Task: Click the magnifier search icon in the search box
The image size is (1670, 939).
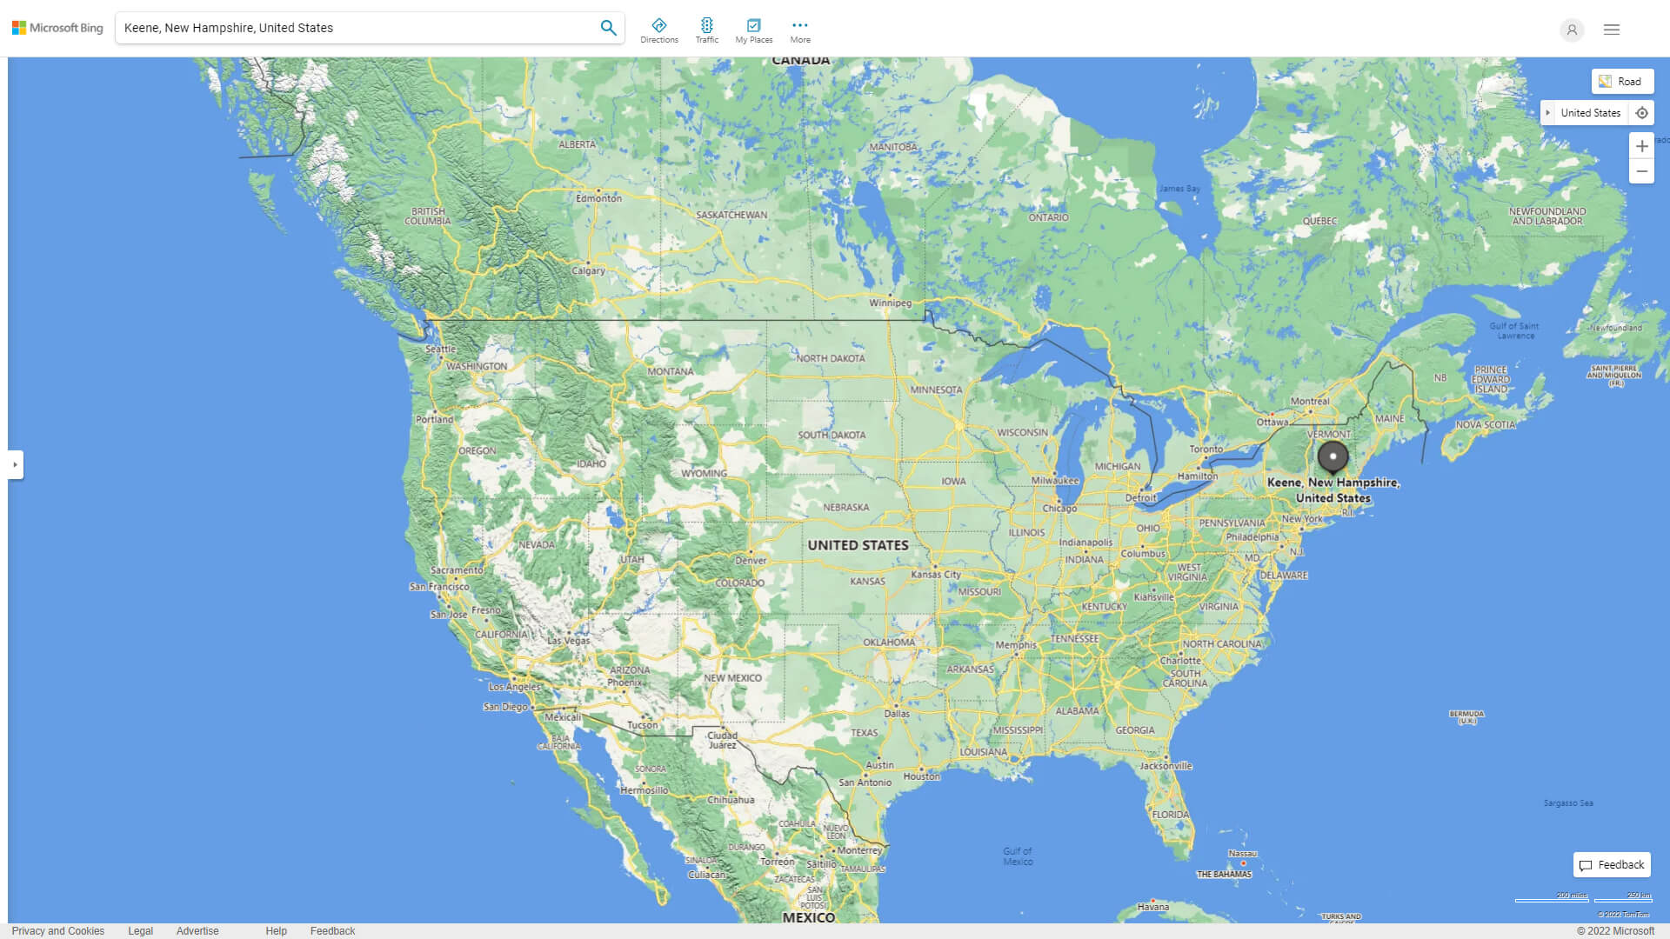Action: tap(608, 28)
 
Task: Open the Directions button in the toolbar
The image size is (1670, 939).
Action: tap(659, 30)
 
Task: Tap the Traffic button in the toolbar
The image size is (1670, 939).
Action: tap(706, 30)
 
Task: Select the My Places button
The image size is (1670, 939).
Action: tap(753, 30)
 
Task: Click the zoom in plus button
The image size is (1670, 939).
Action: tap(1641, 146)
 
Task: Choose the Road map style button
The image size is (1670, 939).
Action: tap(1622, 82)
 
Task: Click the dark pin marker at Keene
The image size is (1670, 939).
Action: tap(1333, 456)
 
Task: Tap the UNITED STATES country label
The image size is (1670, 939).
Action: tap(858, 545)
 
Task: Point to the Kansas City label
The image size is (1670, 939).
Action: tap(936, 574)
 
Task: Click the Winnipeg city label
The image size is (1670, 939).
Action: tap(890, 303)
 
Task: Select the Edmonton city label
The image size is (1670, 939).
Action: tap(598, 198)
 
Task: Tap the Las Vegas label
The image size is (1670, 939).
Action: tap(568, 640)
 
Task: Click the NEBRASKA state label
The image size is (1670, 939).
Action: tap(845, 507)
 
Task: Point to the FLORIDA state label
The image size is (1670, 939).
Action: tap(1170, 815)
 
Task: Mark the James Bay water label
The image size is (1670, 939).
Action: tap(1179, 189)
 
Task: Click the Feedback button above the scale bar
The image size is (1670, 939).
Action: tap(1612, 865)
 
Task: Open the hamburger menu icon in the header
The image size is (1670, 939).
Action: tap(1612, 30)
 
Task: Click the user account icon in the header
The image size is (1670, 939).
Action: tap(1572, 30)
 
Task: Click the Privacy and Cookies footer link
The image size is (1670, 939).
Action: tap(58, 931)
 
